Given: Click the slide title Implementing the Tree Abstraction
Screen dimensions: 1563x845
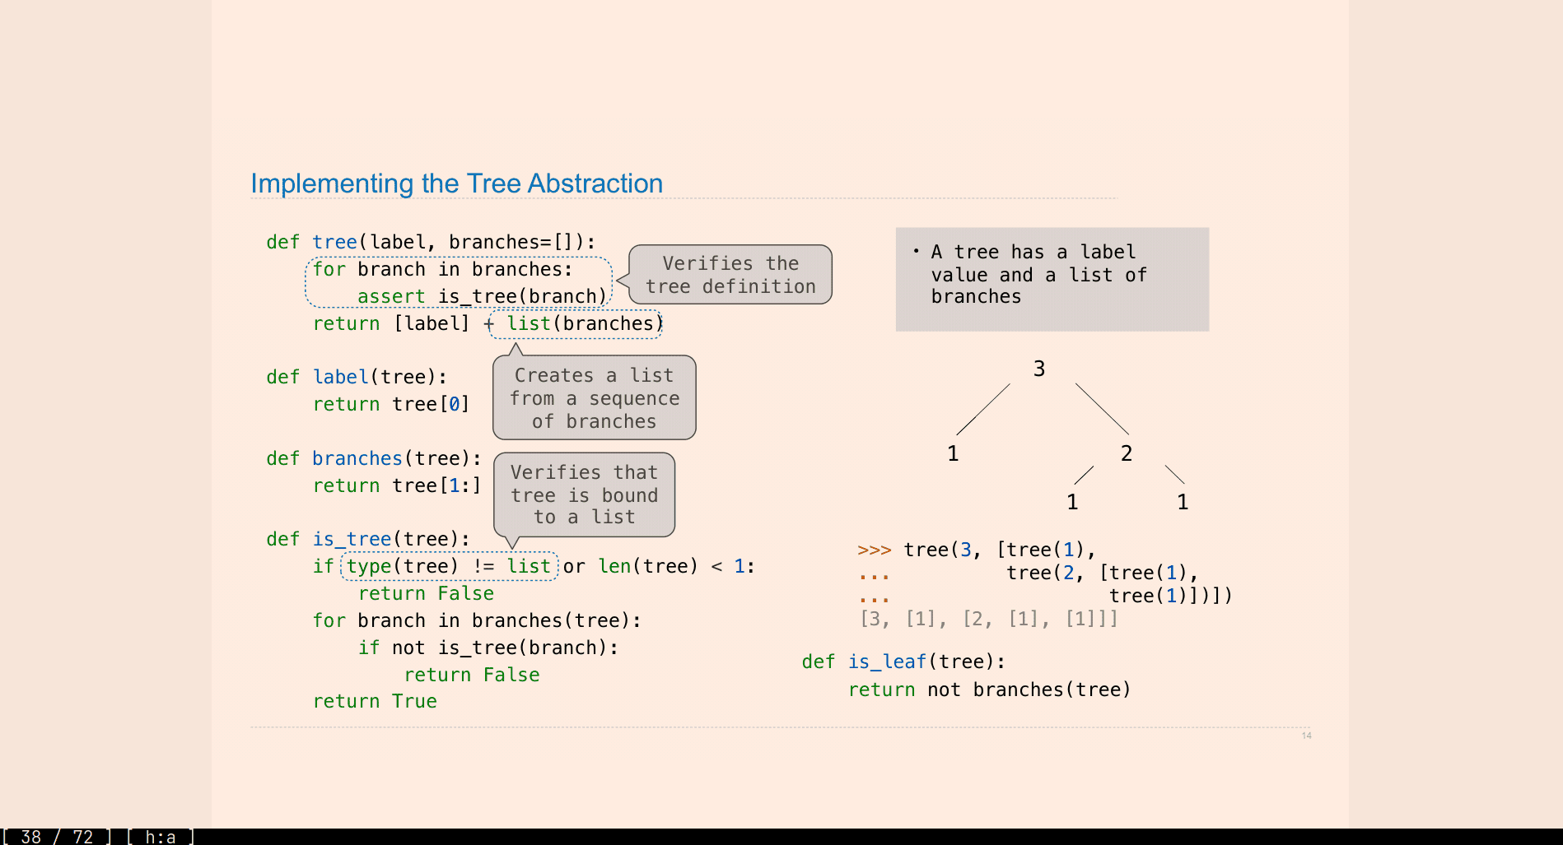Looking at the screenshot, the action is click(x=456, y=183).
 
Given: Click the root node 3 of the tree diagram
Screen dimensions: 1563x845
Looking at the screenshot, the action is click(x=1039, y=369).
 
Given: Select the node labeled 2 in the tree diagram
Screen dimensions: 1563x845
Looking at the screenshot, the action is click(x=1127, y=453).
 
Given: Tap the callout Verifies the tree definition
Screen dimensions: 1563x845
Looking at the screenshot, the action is click(x=730, y=275).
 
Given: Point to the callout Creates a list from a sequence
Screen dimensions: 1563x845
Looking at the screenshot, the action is click(x=594, y=398).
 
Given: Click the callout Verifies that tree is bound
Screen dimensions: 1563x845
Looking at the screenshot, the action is click(x=584, y=494).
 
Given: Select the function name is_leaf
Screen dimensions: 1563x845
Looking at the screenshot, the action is click(x=887, y=662).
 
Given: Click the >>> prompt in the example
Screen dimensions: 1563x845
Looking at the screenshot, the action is click(x=874, y=550).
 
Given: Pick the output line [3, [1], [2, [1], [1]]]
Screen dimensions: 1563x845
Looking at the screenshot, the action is click(x=988, y=619).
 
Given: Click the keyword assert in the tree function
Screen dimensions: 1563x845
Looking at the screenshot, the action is click(x=391, y=296).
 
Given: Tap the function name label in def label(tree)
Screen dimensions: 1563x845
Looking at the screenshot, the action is click(x=340, y=377).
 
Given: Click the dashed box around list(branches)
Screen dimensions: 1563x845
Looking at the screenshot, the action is click(x=576, y=324).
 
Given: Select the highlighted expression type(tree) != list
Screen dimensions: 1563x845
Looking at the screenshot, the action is click(x=450, y=566).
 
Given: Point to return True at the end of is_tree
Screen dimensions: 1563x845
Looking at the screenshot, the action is click(x=375, y=701).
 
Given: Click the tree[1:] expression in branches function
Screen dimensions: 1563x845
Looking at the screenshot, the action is click(x=436, y=485).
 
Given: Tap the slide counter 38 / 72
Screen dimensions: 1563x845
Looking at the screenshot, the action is click(x=57, y=837).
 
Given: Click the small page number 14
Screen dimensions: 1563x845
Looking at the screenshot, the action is click(x=1307, y=736).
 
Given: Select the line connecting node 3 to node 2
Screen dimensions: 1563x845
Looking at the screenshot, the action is click(x=1102, y=409).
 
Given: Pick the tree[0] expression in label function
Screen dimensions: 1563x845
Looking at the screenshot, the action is click(x=431, y=404).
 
